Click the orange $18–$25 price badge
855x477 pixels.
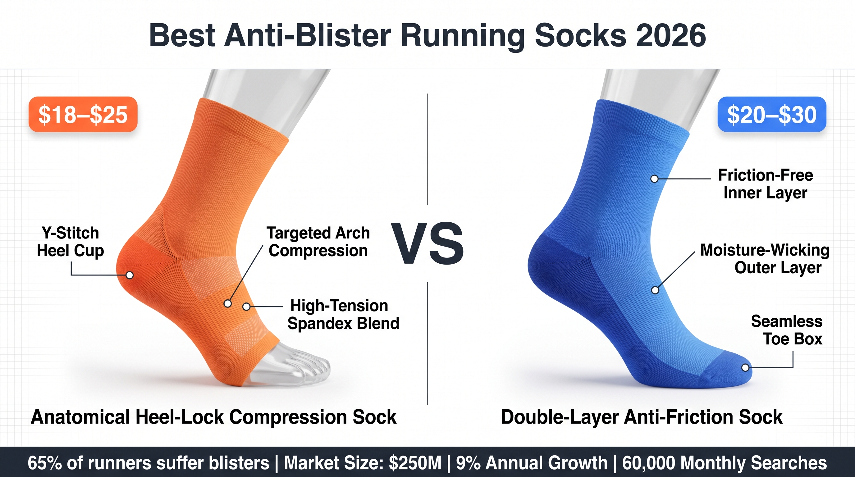click(83, 115)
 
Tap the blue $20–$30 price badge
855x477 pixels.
click(772, 115)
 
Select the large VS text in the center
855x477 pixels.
click(428, 243)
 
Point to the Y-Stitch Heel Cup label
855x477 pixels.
click(70, 242)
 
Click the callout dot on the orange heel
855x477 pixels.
click(130, 275)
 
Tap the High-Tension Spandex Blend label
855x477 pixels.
click(343, 314)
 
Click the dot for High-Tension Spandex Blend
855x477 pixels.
click(246, 307)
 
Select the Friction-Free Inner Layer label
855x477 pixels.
click(766, 184)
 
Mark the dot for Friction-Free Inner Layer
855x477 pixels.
click(654, 179)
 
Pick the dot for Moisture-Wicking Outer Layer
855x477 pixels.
click(655, 290)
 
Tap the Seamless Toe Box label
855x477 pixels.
click(787, 330)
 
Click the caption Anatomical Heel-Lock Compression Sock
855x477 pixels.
click(213, 417)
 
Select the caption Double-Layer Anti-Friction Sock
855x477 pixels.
click(642, 417)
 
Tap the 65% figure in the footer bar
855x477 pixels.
click(44, 463)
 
